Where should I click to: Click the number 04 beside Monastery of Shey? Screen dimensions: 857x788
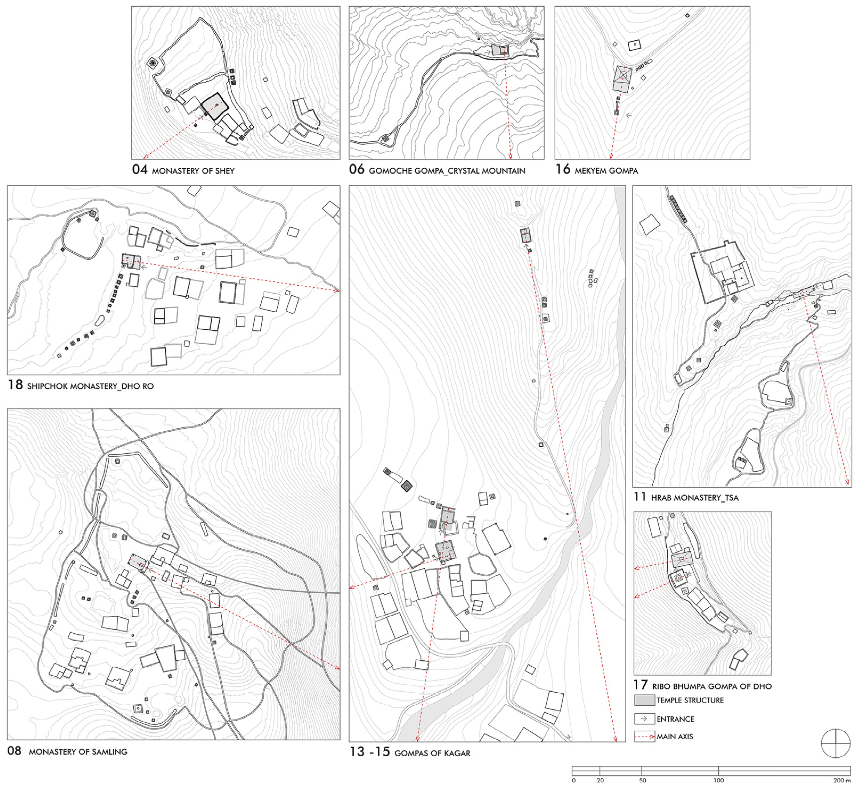click(x=140, y=170)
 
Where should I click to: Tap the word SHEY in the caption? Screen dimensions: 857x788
click(x=225, y=171)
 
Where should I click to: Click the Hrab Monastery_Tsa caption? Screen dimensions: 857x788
click(x=686, y=497)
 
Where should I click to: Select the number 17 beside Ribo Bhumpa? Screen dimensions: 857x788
click(x=640, y=685)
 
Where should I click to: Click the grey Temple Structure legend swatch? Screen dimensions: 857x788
click(x=644, y=700)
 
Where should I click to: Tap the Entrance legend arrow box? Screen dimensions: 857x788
click(x=644, y=719)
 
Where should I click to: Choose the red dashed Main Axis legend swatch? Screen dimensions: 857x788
click(x=644, y=736)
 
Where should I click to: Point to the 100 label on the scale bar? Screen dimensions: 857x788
click(x=719, y=780)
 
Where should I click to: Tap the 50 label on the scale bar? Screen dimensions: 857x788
click(x=642, y=780)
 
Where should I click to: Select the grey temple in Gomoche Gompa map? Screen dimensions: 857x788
click(x=500, y=50)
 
